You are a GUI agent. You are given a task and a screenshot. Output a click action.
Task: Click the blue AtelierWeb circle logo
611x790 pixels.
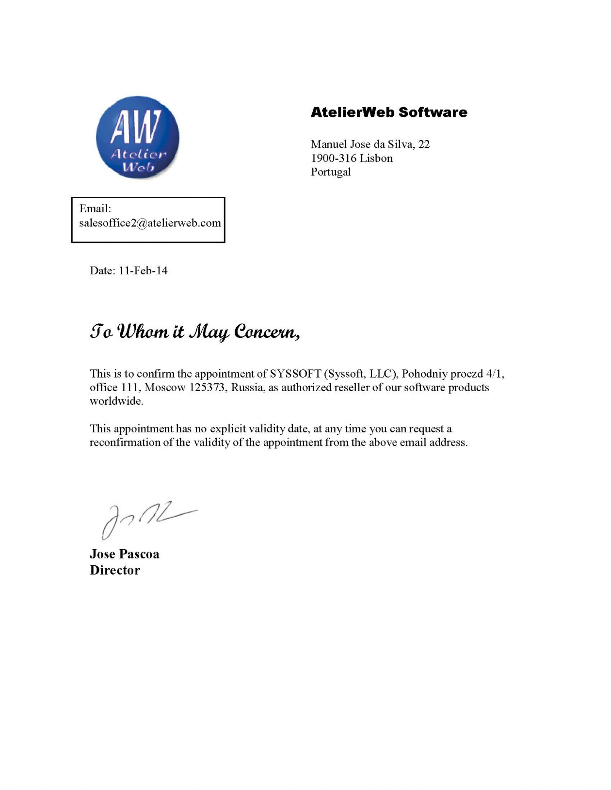coord(138,137)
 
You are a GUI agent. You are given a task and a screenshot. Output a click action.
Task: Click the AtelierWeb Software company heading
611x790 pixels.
coord(389,112)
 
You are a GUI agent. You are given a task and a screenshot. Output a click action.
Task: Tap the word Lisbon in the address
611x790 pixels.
coord(376,158)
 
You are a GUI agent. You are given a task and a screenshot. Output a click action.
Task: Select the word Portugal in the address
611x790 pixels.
coord(331,172)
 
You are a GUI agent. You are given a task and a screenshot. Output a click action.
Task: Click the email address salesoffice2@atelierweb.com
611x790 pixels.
coord(150,223)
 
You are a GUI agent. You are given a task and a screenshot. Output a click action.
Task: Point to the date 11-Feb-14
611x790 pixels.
coord(143,270)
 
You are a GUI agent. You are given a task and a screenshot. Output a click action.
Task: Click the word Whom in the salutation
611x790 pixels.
coord(143,332)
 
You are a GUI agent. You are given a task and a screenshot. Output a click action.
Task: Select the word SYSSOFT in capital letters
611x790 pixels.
coord(295,374)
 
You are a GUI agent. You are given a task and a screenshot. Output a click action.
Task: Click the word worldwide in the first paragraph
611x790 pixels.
coord(116,401)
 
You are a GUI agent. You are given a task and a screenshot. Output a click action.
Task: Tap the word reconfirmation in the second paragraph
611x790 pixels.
coord(125,442)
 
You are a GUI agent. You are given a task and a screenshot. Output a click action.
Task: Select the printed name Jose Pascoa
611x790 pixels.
coord(124,554)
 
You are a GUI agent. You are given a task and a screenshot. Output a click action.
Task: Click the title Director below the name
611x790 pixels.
coord(115,570)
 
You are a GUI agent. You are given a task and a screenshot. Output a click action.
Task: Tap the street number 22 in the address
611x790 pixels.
coord(424,144)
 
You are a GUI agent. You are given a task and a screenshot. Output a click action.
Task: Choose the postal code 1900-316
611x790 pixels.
coord(334,158)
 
